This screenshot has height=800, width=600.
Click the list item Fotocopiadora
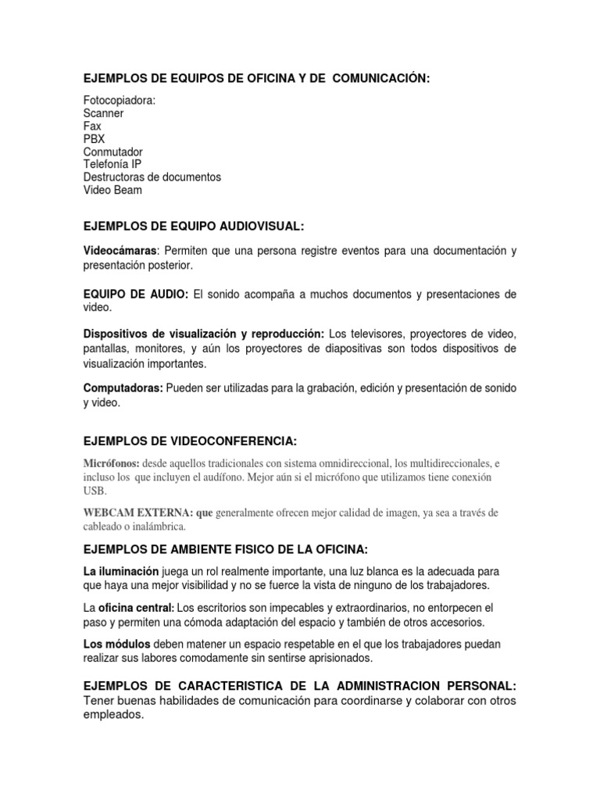120,101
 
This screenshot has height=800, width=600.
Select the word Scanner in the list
103,113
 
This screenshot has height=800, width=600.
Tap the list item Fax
92,126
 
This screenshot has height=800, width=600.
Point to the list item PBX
94,139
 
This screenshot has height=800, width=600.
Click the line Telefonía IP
112,164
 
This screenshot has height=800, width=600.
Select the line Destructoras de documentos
152,177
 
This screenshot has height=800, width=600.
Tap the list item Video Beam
113,190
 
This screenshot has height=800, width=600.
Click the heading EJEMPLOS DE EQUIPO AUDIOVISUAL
193,226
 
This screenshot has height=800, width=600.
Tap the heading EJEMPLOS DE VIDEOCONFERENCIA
191,441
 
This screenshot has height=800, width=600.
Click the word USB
94,491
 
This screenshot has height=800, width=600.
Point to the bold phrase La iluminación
121,571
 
